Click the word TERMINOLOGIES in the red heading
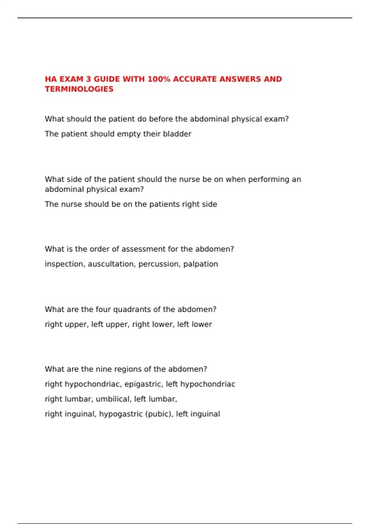coord(79,89)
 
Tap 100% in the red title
coord(159,79)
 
